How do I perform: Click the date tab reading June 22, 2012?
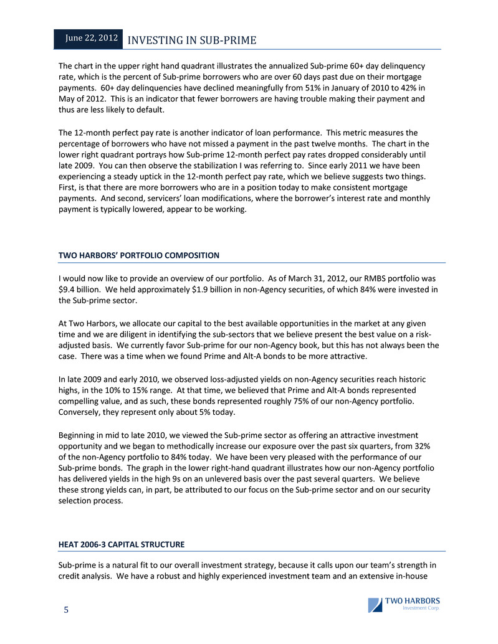pyautogui.click(x=92, y=38)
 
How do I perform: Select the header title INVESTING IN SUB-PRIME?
pyautogui.click(x=191, y=40)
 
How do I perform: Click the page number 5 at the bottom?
pyautogui.click(x=62, y=610)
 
